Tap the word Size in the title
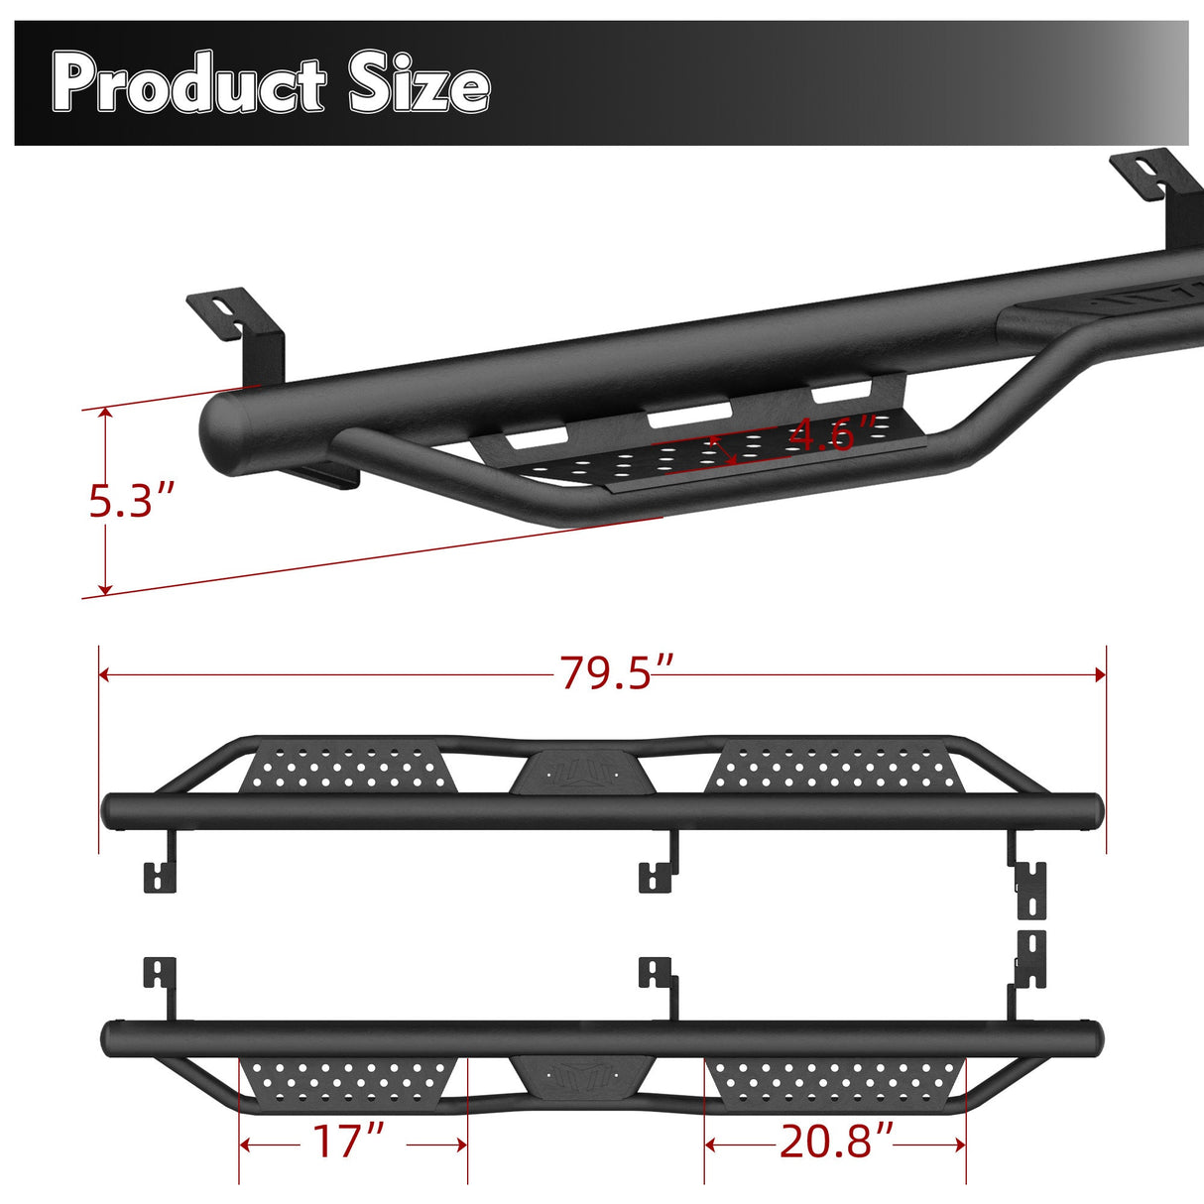coord(419,85)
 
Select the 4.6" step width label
coord(833,434)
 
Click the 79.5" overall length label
coord(617,673)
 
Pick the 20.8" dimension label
coord(836,1142)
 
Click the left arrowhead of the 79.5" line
coord(104,674)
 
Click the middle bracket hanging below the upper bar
coord(660,865)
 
